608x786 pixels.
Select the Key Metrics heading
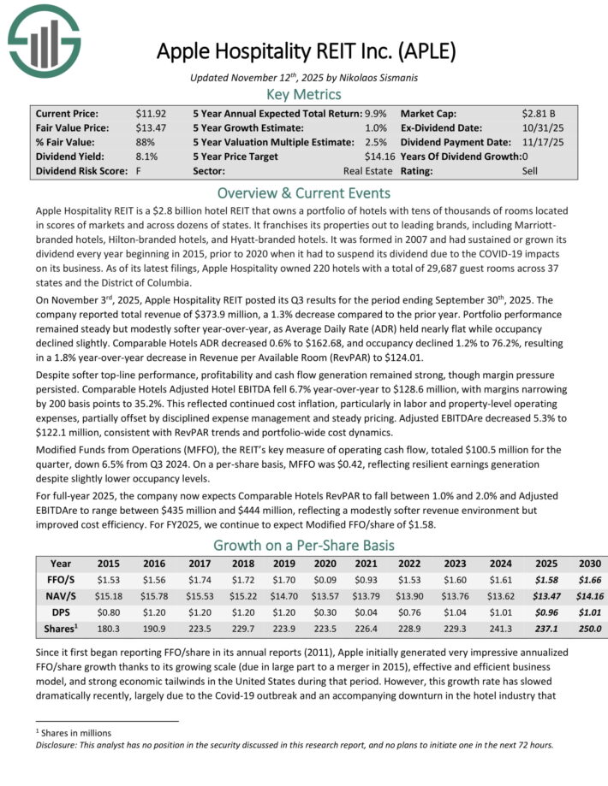pos(303,94)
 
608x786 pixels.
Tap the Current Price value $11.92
pos(151,113)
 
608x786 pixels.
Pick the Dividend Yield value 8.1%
pos(146,157)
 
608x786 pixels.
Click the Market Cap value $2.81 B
pos(539,113)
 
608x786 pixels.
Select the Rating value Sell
pos(531,171)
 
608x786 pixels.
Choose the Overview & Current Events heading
pos(303,192)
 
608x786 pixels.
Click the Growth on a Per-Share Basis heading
pos(303,545)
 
